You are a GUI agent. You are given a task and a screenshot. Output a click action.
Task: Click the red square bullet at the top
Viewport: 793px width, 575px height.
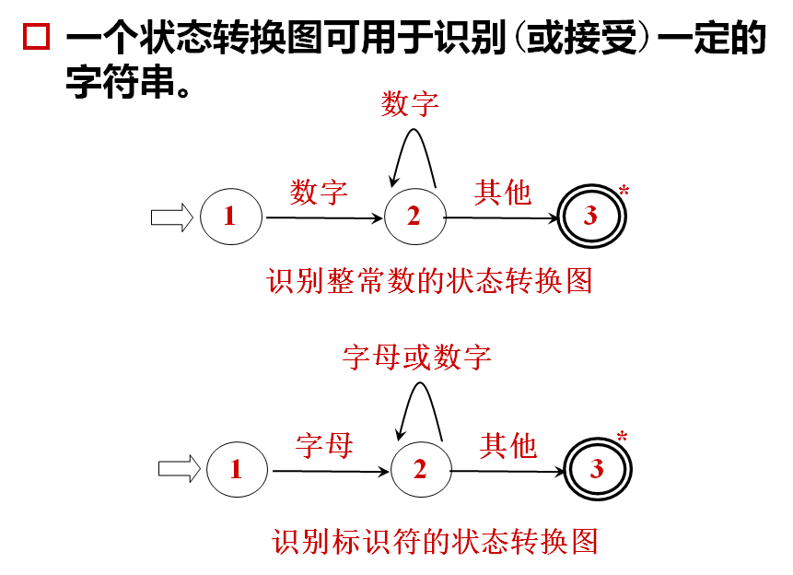tap(36, 38)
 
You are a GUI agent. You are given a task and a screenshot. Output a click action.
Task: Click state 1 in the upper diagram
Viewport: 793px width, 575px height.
tap(229, 217)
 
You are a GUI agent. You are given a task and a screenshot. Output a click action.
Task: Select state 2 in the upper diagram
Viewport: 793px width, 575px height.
tap(414, 217)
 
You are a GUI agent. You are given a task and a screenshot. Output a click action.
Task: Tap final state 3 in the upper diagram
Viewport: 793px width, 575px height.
tap(591, 217)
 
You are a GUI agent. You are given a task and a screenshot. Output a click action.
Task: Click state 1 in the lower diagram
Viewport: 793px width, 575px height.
tap(236, 470)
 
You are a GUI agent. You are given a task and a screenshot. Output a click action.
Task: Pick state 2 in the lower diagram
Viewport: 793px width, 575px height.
tap(420, 470)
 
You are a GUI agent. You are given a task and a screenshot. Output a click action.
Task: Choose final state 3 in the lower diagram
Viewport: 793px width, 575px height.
tap(598, 470)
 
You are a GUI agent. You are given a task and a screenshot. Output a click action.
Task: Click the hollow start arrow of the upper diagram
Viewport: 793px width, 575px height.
tap(171, 217)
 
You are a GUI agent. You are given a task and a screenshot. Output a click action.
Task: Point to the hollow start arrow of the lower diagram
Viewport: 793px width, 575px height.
tap(179, 469)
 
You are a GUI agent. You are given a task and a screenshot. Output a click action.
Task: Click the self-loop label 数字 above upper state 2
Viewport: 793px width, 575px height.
tap(411, 104)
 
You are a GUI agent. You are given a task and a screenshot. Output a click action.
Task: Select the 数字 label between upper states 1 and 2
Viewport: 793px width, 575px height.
tap(319, 193)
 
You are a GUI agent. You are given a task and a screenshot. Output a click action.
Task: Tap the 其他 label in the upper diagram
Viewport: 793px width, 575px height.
tap(503, 193)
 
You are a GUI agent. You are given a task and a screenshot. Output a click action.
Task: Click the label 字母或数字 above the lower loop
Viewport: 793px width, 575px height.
tap(417, 357)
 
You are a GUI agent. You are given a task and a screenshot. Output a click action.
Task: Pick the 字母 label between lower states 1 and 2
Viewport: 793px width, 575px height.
tap(324, 446)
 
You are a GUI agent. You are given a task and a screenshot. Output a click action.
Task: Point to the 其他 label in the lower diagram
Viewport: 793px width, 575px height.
tap(507, 446)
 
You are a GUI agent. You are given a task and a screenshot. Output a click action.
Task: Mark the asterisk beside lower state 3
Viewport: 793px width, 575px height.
tap(623, 437)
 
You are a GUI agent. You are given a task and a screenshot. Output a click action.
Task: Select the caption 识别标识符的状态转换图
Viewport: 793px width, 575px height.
tap(436, 541)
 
